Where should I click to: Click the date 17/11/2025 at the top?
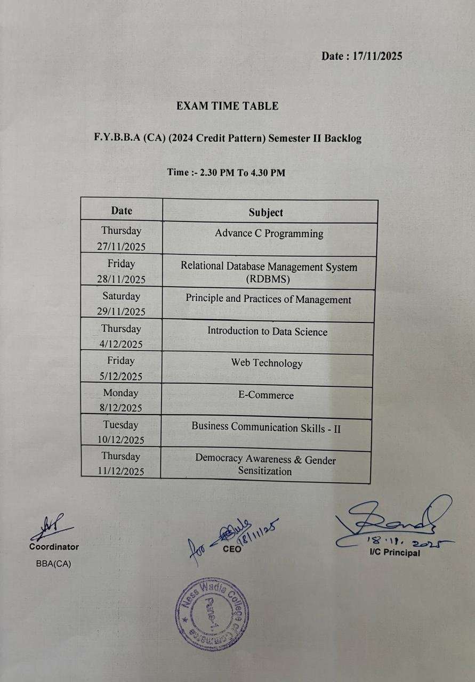coord(377,56)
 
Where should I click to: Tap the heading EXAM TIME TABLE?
coord(227,106)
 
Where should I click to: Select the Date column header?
coord(122,210)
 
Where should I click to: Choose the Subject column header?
coord(265,213)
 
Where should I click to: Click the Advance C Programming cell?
coord(269,233)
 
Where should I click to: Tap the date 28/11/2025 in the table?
coord(121,279)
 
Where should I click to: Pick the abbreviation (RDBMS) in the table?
coord(268,279)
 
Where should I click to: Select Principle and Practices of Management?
coord(268,299)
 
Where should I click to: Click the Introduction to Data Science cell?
coord(267,331)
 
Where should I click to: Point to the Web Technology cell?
coord(267,363)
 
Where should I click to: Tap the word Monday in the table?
coord(120,393)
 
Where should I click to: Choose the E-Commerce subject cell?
coord(265,395)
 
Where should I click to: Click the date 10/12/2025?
coord(121,440)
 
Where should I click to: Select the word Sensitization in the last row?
coord(265,471)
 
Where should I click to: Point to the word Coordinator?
coord(54,547)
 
